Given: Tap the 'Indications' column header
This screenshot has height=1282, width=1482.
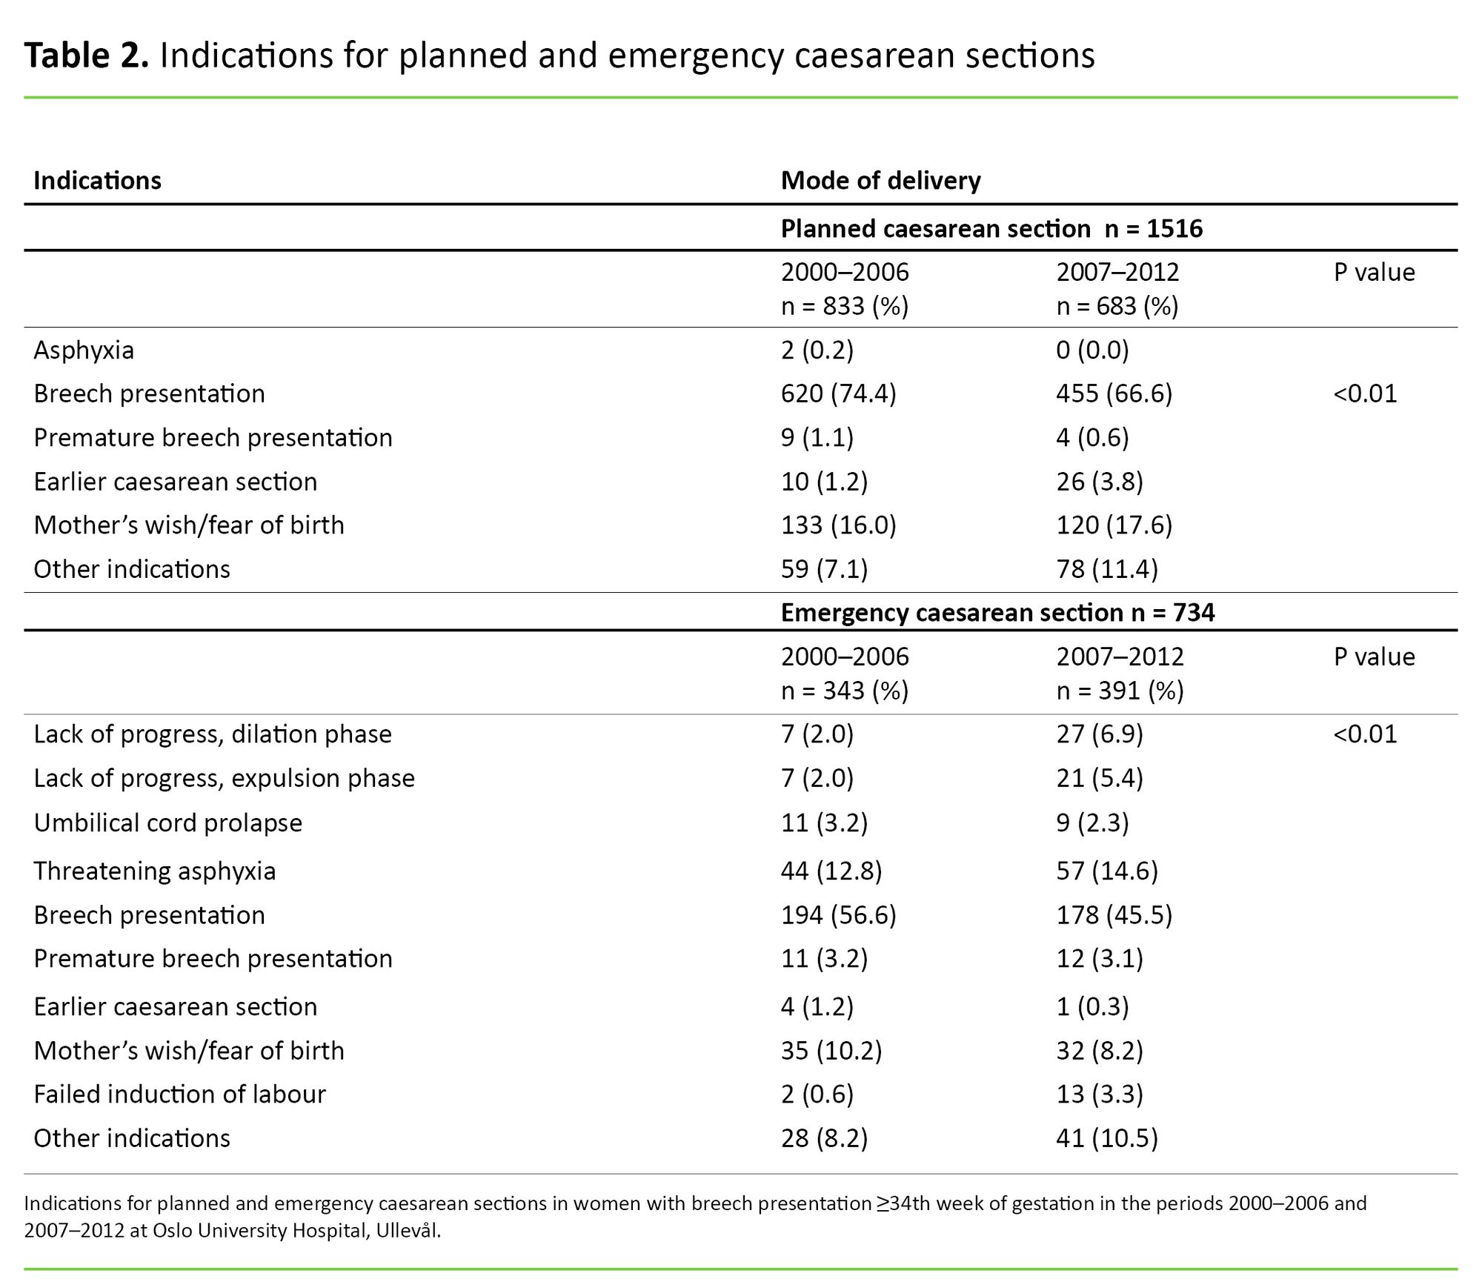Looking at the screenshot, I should click(97, 181).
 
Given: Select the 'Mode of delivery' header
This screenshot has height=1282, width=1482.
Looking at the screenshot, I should click(880, 181).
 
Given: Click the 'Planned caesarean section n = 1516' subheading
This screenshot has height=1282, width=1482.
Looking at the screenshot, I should click(991, 229).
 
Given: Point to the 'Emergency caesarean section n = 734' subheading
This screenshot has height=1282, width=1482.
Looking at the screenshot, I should click(997, 613).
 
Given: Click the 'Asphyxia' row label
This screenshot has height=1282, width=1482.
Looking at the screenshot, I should click(84, 350).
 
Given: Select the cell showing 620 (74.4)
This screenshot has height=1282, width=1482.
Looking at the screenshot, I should click(838, 393).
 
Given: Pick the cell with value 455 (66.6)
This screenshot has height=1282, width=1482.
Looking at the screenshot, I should click(1114, 393).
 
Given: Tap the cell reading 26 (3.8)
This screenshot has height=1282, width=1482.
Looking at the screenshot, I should click(1100, 482).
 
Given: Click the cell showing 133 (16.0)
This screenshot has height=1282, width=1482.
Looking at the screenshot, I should click(838, 525).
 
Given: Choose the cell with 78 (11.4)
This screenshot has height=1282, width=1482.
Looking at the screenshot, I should click(1106, 569).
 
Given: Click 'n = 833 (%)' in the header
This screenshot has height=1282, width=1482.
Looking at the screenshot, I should click(844, 306).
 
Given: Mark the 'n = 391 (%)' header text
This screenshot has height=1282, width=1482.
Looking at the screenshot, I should click(1120, 691).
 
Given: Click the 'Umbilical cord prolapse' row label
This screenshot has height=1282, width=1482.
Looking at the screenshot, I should click(167, 823).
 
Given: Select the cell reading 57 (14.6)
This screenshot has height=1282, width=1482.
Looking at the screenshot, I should click(1106, 871).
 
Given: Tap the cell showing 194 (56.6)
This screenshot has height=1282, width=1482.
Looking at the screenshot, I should click(838, 915).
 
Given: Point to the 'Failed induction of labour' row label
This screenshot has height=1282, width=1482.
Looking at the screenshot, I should click(179, 1095).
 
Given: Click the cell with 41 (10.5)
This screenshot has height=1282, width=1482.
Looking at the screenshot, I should click(1106, 1138).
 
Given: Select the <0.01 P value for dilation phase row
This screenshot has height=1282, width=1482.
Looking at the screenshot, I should click(1365, 734).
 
